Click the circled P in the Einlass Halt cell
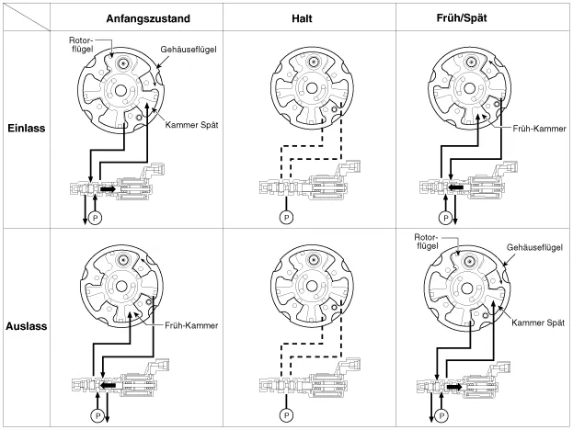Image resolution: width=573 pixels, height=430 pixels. pos(285,218)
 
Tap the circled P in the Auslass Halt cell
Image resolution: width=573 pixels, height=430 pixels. pos(285,415)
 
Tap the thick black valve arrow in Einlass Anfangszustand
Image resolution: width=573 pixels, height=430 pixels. pos(109,189)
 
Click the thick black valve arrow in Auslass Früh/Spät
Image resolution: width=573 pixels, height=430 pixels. pos(453,386)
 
